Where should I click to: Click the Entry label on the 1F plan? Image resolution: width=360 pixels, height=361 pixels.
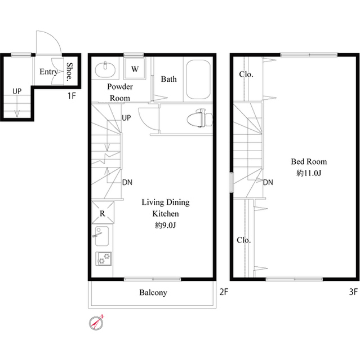pyautogui.click(x=48, y=72)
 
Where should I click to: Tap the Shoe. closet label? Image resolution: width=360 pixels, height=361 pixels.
pyautogui.click(x=70, y=72)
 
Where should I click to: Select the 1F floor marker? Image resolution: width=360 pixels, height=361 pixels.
pyautogui.click(x=72, y=95)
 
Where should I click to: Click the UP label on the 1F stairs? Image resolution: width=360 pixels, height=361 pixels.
pyautogui.click(x=17, y=91)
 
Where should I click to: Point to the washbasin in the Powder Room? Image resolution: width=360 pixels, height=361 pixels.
pyautogui.click(x=105, y=70)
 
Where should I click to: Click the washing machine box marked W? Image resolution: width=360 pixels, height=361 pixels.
pyautogui.click(x=135, y=69)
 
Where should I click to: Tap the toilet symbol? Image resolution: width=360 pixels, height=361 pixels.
pyautogui.click(x=200, y=117)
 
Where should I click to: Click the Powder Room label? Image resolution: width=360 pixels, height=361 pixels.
pyautogui.click(x=120, y=92)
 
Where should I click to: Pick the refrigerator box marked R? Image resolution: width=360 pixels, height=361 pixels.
pyautogui.click(x=103, y=214)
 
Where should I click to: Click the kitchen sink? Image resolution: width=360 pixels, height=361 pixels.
pyautogui.click(x=102, y=236)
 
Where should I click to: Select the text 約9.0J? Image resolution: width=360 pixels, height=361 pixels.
pyautogui.click(x=166, y=226)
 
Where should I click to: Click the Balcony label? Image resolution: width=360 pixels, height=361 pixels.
pyautogui.click(x=153, y=293)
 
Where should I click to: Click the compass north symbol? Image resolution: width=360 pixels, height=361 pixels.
pyautogui.click(x=97, y=322)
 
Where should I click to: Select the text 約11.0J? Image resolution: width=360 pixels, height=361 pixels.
pyautogui.click(x=308, y=173)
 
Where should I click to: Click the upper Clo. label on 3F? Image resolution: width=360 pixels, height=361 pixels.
pyautogui.click(x=246, y=74)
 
